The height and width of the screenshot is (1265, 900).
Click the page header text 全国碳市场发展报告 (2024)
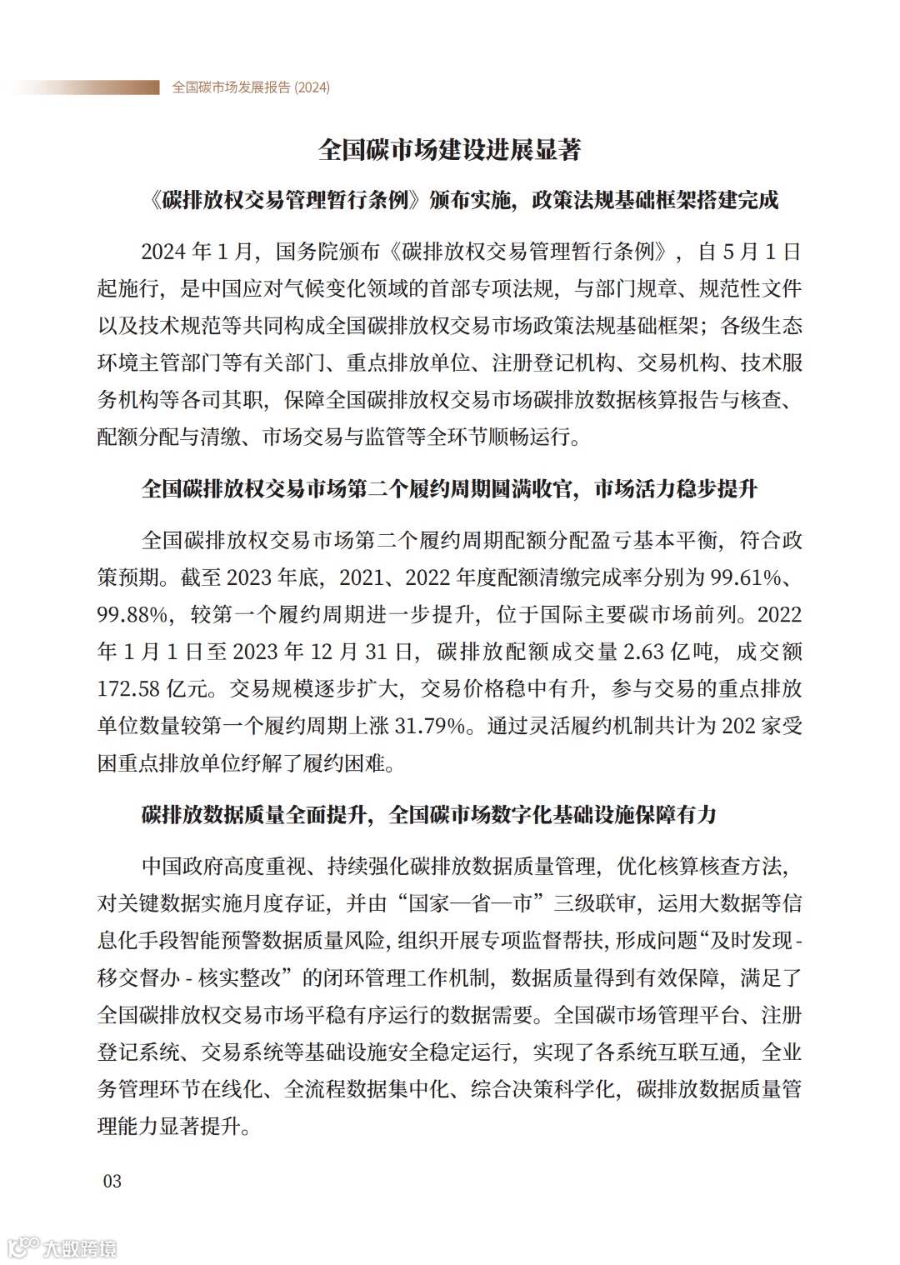pyautogui.click(x=251, y=87)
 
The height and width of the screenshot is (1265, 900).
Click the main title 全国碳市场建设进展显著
pyautogui.click(x=449, y=150)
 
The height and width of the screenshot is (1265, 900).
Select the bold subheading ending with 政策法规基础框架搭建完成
pyautogui.click(x=462, y=200)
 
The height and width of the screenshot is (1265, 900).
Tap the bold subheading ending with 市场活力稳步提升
pyautogui.click(x=449, y=488)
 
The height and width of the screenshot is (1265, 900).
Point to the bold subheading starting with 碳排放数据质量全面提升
pyautogui.click(x=429, y=814)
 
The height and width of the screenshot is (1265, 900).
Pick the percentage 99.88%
pyautogui.click(x=133, y=614)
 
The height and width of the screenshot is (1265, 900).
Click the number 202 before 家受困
pyautogui.click(x=737, y=725)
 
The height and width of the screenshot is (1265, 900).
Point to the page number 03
pyautogui.click(x=112, y=1181)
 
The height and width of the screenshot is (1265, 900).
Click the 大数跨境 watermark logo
pyautogui.click(x=62, y=1247)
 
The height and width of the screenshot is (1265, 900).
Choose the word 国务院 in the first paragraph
pyautogui.click(x=307, y=252)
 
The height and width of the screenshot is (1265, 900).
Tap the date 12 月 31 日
pyautogui.click(x=362, y=652)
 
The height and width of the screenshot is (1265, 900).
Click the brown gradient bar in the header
pyautogui.click(x=83, y=87)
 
